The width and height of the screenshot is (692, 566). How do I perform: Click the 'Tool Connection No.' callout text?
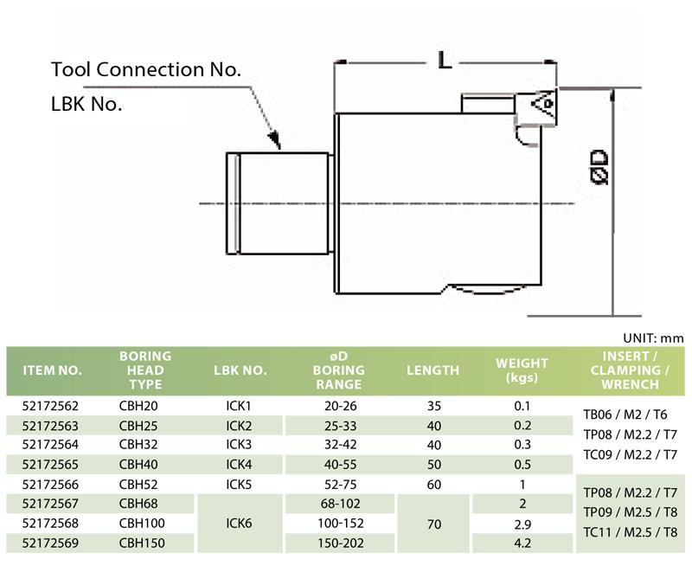[x=146, y=69]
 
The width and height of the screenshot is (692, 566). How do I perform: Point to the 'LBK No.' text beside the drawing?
[x=86, y=104]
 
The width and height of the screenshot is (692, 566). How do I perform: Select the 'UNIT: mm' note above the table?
[x=652, y=338]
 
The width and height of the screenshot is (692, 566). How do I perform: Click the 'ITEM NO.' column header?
[x=52, y=370]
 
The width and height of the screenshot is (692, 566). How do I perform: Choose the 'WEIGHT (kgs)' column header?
[x=522, y=370]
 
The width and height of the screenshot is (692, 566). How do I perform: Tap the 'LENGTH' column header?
[x=432, y=370]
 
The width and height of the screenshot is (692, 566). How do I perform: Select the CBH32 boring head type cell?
[x=139, y=445]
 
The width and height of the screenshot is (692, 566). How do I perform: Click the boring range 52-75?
[x=338, y=484]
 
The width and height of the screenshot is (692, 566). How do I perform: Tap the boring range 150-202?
[x=338, y=543]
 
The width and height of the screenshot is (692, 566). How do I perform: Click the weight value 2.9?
[x=522, y=524]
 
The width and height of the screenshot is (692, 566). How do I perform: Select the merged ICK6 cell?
[x=239, y=524]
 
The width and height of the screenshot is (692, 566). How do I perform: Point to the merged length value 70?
[x=432, y=524]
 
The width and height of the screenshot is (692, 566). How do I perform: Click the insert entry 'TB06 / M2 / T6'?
[x=630, y=415]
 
